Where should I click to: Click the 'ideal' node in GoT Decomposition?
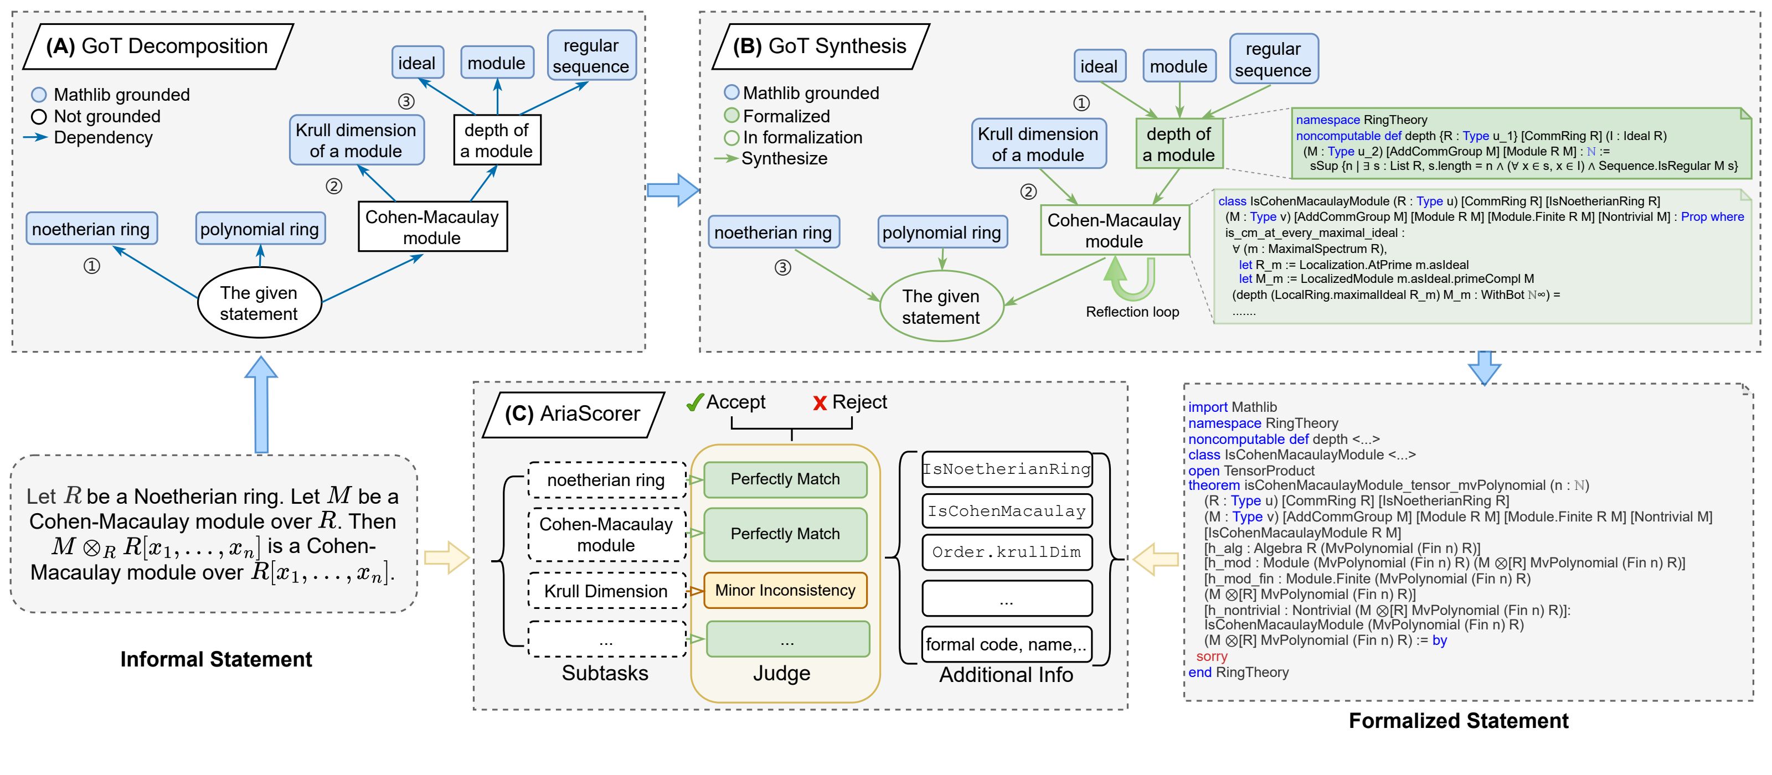pyautogui.click(x=417, y=63)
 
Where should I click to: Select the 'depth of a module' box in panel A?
pyautogui.click(x=497, y=140)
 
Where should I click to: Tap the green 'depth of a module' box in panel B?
pyautogui.click(x=1178, y=144)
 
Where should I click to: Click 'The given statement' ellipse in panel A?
pyautogui.click(x=259, y=303)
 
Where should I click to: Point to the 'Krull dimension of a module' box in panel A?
pyautogui.click(x=356, y=140)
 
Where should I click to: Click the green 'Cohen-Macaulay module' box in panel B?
pyautogui.click(x=1114, y=230)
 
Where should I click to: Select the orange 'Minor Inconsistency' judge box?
pyautogui.click(x=785, y=590)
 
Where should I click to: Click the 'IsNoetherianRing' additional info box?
pyautogui.click(x=1006, y=469)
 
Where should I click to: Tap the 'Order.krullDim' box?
pyautogui.click(x=1006, y=551)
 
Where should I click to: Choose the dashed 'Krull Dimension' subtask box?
pyautogui.click(x=606, y=591)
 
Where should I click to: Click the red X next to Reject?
pyautogui.click(x=820, y=404)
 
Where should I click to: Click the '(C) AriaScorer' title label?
pyautogui.click(x=573, y=414)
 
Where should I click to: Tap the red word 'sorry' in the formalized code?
pyautogui.click(x=1212, y=657)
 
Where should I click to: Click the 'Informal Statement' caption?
pyautogui.click(x=216, y=659)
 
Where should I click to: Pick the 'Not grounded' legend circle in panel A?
pyautogui.click(x=39, y=117)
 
